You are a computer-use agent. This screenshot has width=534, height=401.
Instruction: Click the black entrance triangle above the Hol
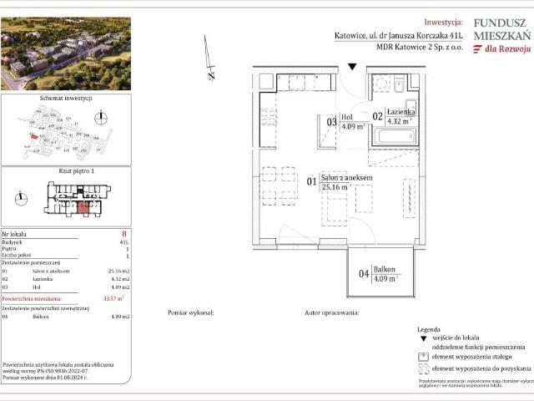tap(352, 67)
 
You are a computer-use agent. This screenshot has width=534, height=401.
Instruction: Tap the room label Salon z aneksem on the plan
tap(346, 178)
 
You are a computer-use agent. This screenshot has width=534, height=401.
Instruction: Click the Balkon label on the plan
tap(384, 271)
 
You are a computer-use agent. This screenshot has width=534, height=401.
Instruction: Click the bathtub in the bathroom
tap(393, 135)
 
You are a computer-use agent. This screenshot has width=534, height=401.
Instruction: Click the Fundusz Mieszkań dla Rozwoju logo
tap(501, 36)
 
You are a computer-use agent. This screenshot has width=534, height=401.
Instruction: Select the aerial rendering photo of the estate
tap(66, 54)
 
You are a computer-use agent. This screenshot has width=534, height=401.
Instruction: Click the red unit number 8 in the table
tap(123, 235)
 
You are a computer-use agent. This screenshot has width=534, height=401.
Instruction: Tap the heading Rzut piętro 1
tap(65, 171)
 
